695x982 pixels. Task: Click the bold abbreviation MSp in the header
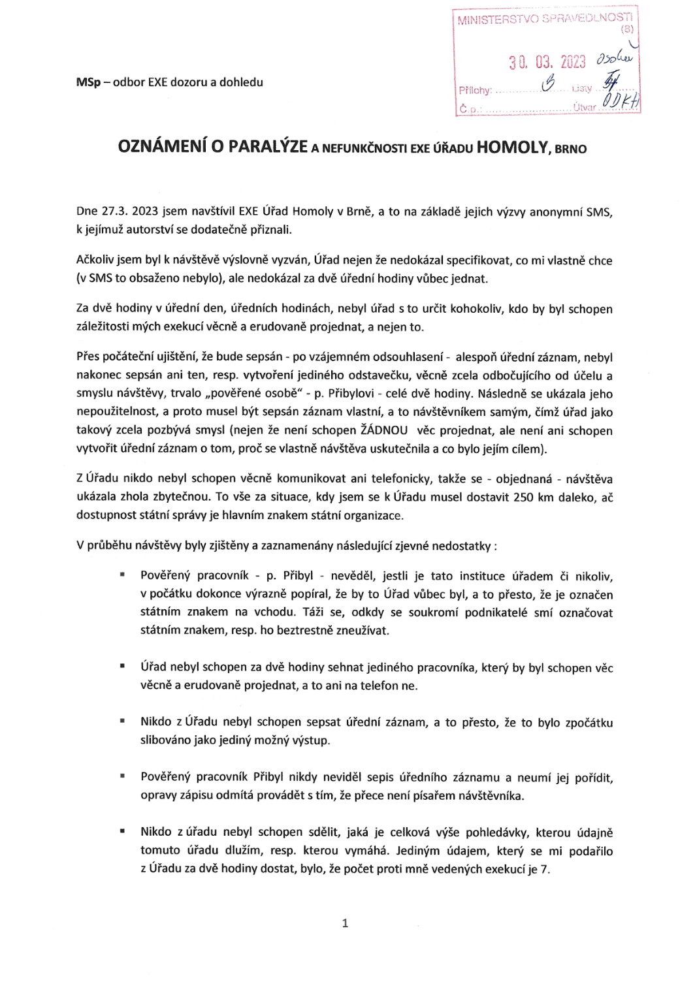[88, 82]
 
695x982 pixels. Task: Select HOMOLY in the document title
[512, 147]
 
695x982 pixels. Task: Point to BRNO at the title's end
[571, 149]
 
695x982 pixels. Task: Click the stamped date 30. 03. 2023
[547, 62]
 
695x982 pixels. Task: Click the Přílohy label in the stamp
[475, 90]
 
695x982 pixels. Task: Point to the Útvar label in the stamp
[585, 107]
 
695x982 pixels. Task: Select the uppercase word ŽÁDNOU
[385, 430]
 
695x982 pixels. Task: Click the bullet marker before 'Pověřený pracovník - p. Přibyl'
[122, 575]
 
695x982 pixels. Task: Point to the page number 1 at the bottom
[345, 923]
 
